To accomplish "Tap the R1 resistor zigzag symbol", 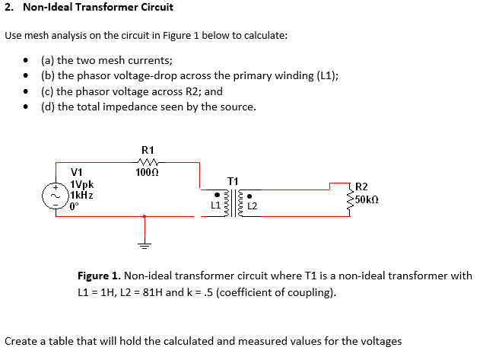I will point(148,161).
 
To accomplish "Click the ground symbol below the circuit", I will point(145,244).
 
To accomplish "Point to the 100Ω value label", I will point(147,172).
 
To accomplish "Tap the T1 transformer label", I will point(234,180).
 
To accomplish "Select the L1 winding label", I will point(215,205).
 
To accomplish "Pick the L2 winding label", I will point(253,206).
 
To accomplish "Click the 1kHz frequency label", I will point(81,195).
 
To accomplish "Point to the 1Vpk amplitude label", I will point(81,184).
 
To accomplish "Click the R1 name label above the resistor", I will point(148,150).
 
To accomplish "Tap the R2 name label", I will point(361,187).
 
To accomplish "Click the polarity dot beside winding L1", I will point(216,193).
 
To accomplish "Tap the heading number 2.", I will point(8,8).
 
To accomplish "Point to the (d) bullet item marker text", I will point(48,107).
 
